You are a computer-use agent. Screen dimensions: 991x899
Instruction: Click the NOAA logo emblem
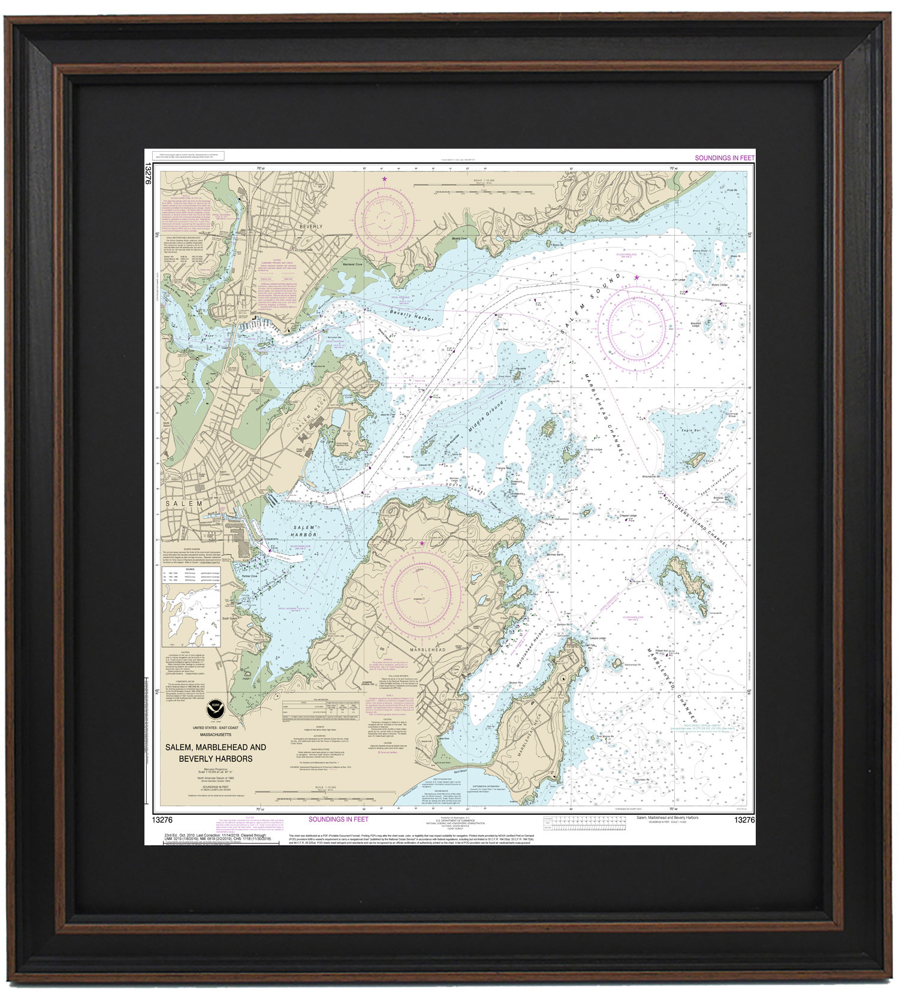(213, 710)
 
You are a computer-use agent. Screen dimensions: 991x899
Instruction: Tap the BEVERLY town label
(310, 227)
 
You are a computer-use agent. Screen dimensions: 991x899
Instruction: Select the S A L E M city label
(184, 504)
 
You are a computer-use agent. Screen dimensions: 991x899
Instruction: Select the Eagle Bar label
(690, 430)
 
